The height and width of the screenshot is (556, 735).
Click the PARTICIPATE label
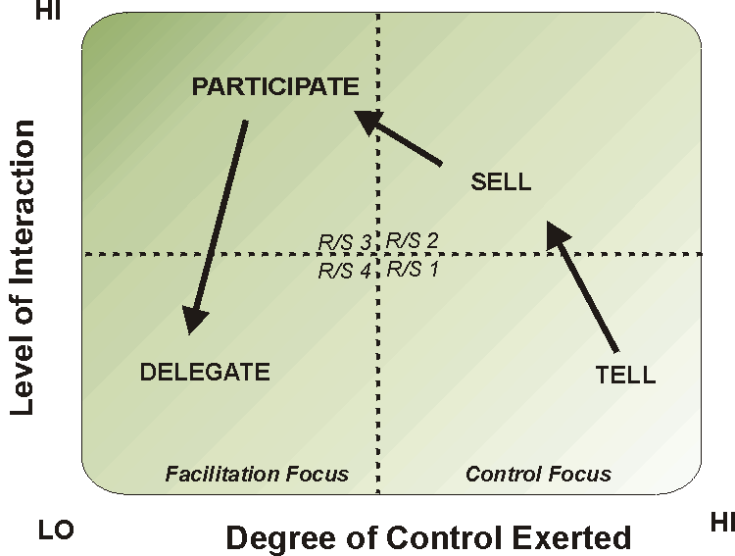[x=275, y=86]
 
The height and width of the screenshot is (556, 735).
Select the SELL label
[x=501, y=181]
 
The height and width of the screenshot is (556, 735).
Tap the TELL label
[x=625, y=375]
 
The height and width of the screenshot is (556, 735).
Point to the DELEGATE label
[x=205, y=372]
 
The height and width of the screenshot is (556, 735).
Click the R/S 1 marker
[x=412, y=269]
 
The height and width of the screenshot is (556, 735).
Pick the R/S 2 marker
[x=412, y=240]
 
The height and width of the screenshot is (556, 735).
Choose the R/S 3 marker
[x=344, y=241]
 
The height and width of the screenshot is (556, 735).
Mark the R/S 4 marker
[x=344, y=271]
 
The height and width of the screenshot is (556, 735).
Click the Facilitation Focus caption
[x=257, y=475]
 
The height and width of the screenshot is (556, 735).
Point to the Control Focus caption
[x=538, y=475]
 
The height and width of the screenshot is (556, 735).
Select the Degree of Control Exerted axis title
[x=429, y=538]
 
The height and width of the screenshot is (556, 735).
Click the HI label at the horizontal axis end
[x=721, y=524]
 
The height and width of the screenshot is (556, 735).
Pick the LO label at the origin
[x=56, y=531]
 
